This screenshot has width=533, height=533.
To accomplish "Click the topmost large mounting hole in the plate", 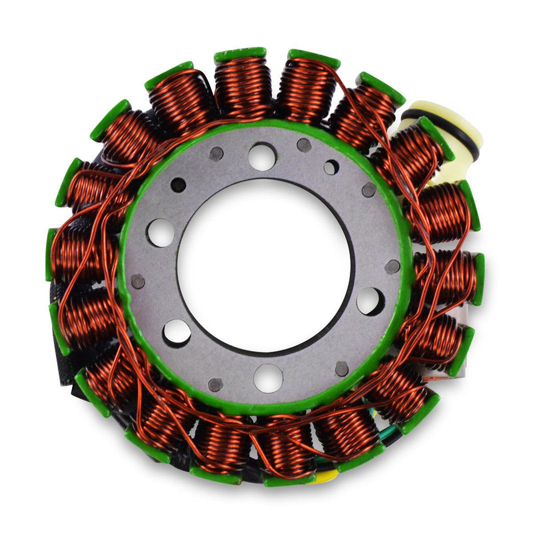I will coord(262,157).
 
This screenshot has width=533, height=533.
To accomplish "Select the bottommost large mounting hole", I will coord(268,378).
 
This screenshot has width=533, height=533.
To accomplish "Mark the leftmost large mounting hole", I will coord(160,233).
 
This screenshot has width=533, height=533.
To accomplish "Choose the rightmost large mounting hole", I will coord(370,301).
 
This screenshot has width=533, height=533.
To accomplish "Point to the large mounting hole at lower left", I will coord(177,332).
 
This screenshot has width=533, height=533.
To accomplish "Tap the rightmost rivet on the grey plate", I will coord(392,267).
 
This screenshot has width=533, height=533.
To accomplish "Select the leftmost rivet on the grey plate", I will coord(138,281).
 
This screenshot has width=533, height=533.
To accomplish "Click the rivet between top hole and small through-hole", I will coord(304,145).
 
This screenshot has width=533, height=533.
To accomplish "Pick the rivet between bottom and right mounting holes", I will coord(341,368).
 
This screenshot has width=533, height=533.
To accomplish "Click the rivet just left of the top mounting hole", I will coord(216,154).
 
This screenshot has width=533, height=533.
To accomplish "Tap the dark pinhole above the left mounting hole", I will coord(178,185).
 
